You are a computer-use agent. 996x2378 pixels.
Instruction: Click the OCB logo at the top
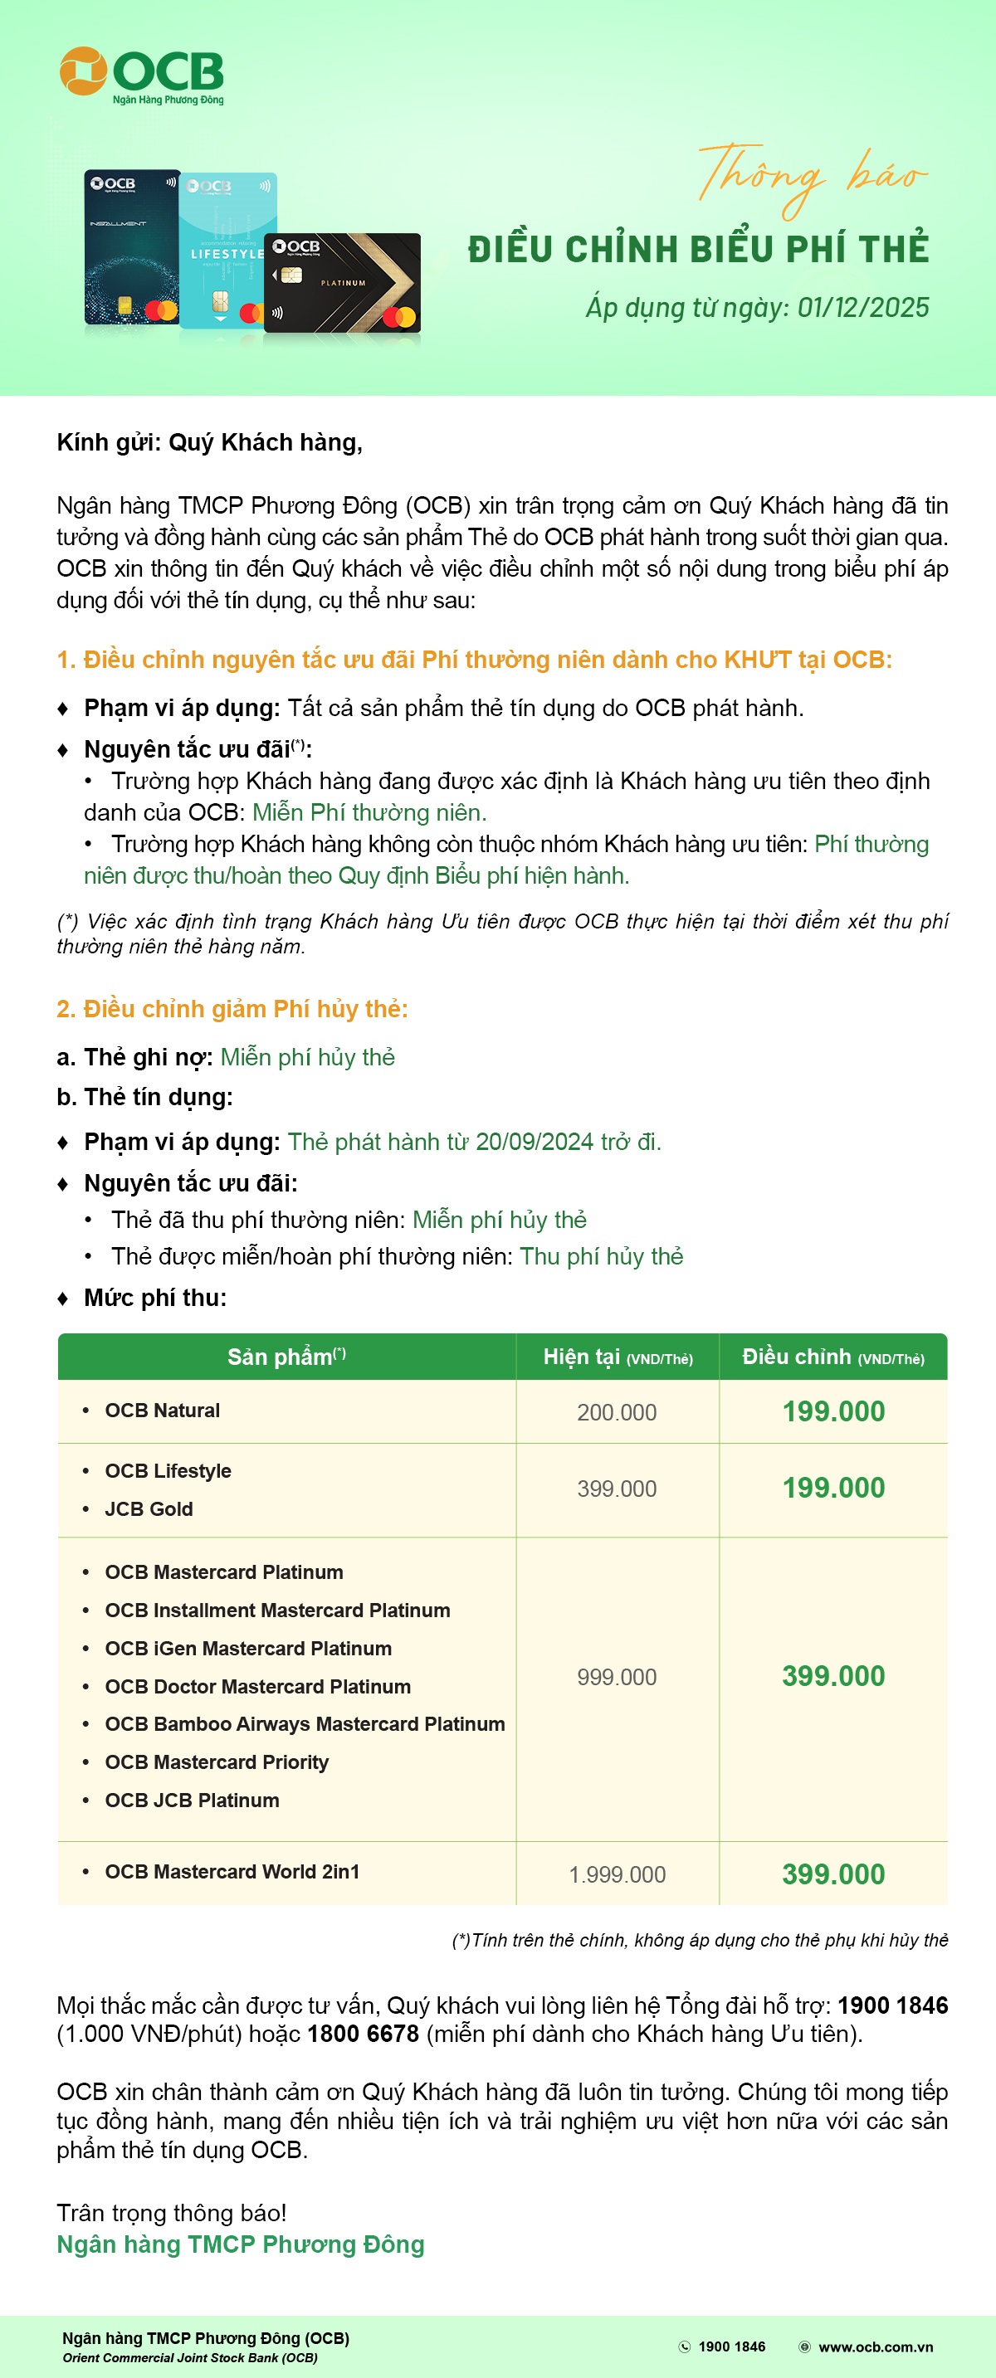click(141, 74)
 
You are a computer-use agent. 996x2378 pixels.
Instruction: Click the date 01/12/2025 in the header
click(863, 307)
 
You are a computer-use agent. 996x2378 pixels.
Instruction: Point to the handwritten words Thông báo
click(812, 175)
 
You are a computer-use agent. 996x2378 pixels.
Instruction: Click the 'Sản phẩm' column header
click(286, 1356)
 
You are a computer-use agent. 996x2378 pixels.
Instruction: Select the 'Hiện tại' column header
click(618, 1357)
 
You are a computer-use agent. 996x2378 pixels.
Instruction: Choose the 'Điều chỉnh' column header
click(832, 1357)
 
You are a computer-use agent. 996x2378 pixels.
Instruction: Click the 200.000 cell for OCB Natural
click(617, 1412)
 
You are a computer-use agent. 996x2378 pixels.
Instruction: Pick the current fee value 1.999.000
click(617, 1875)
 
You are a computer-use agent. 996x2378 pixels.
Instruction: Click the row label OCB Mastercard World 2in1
click(232, 1871)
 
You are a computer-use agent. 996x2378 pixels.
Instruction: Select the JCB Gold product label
click(149, 1509)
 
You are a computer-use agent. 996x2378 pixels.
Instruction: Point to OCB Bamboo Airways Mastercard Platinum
click(305, 1724)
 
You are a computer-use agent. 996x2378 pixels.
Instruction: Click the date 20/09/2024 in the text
click(535, 1142)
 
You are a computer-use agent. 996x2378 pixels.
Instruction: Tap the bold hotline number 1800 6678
click(363, 2034)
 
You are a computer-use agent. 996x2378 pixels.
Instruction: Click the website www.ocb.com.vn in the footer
click(875, 2346)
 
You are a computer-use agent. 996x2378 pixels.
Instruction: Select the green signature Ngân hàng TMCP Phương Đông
click(240, 2244)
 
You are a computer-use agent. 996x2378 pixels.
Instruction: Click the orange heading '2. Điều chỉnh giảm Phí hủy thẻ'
click(232, 1009)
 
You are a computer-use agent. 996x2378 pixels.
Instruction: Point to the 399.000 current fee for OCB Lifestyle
click(617, 1489)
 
